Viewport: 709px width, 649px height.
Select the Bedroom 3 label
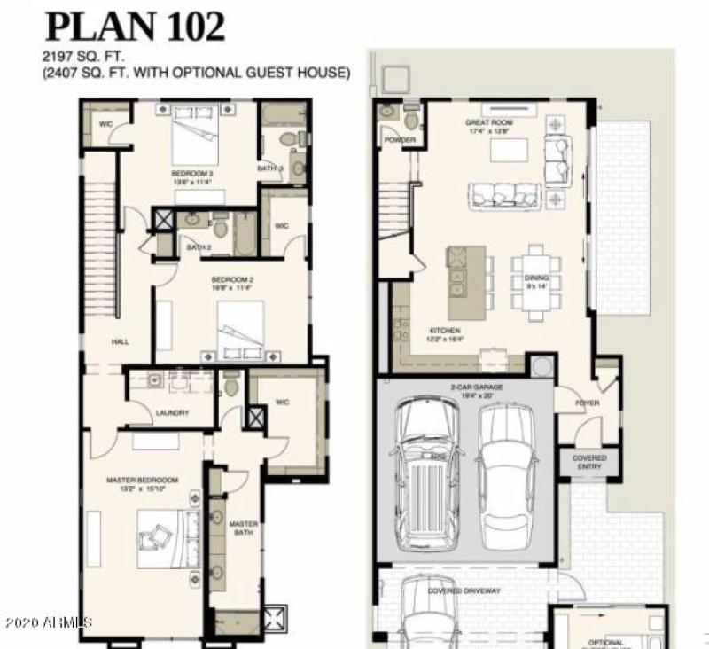click(191, 173)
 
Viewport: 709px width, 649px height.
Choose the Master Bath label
click(242, 529)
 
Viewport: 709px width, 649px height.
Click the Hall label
click(121, 340)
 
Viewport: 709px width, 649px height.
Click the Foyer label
click(587, 403)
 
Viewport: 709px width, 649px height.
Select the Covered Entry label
click(589, 463)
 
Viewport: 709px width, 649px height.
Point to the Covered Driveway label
click(464, 590)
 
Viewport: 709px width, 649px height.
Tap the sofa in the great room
click(504, 194)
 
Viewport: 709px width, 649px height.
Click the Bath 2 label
click(199, 247)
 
